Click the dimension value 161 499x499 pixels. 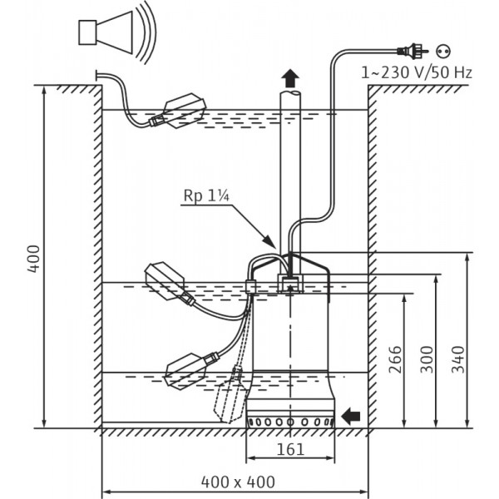click(x=289, y=450)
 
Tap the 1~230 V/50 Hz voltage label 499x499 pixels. click(x=417, y=72)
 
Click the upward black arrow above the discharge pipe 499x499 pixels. click(x=289, y=79)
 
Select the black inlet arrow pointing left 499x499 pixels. click(x=353, y=413)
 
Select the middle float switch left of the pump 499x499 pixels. click(x=169, y=283)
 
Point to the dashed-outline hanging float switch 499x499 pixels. click(x=231, y=398)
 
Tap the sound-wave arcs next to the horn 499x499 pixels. click(x=142, y=33)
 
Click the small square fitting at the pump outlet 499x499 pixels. click(x=289, y=284)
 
